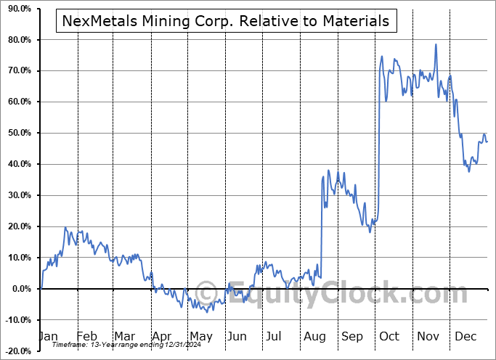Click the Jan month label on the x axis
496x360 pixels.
coord(48,337)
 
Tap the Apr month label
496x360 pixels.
coord(162,337)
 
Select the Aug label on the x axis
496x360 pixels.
coord(314,337)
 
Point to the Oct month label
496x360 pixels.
coord(389,337)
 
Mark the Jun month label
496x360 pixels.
coord(237,337)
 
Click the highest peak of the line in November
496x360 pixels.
coord(436,45)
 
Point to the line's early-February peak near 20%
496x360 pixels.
coord(65,228)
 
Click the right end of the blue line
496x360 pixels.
coord(487,142)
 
